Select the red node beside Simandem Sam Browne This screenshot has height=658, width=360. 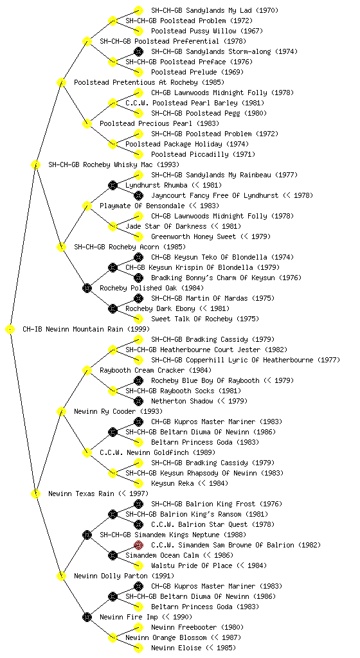tap(138, 545)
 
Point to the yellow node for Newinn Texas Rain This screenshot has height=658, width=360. tap(35, 493)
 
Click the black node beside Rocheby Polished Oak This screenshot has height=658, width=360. tap(87, 288)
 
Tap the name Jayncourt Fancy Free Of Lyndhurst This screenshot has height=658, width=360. tap(215, 195)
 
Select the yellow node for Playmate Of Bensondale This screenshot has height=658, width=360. tap(87, 206)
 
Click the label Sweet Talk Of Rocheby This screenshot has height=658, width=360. tap(192, 319)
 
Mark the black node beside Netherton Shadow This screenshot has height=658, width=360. tap(138, 401)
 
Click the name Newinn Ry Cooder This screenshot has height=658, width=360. tap(105, 411)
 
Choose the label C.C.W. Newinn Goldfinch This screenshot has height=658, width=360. tap(145, 452)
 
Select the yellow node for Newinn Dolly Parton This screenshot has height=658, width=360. tap(61, 576)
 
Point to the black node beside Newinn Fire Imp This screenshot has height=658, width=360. tap(87, 617)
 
